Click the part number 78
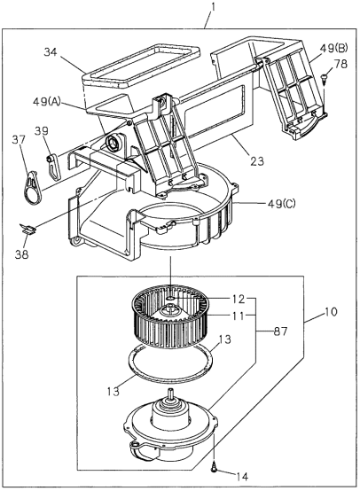(x=341, y=63)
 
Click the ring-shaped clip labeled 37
(x=32, y=169)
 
